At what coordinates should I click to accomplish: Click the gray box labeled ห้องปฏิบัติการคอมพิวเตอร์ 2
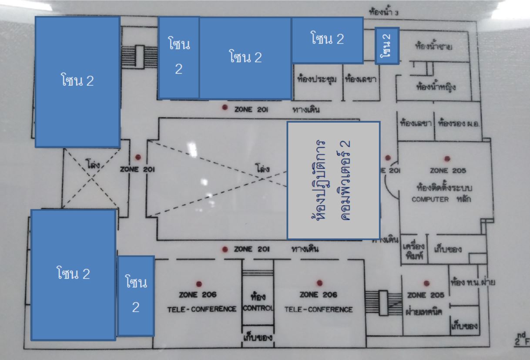(x=333, y=180)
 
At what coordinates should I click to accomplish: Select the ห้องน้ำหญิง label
(x=436, y=86)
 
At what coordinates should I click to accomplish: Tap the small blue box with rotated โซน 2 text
(x=387, y=46)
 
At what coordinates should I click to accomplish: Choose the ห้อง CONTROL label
(x=258, y=303)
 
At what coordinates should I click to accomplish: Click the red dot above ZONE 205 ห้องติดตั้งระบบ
(x=446, y=159)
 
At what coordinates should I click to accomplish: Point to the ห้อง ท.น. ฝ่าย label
(x=474, y=282)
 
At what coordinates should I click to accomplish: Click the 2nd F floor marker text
(x=520, y=340)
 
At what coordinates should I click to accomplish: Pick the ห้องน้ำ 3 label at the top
(x=383, y=12)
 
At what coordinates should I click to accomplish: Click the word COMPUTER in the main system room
(x=430, y=199)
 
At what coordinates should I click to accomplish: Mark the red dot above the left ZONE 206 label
(x=199, y=283)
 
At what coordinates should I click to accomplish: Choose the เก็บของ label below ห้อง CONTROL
(x=258, y=337)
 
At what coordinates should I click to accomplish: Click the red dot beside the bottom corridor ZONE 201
(x=225, y=249)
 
